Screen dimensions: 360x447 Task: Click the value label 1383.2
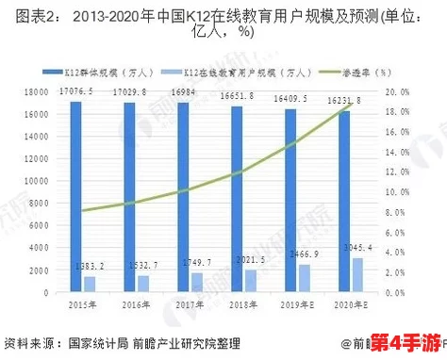pyautogui.click(x=88, y=266)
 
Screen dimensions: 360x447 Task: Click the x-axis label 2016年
pyautogui.click(x=137, y=303)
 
